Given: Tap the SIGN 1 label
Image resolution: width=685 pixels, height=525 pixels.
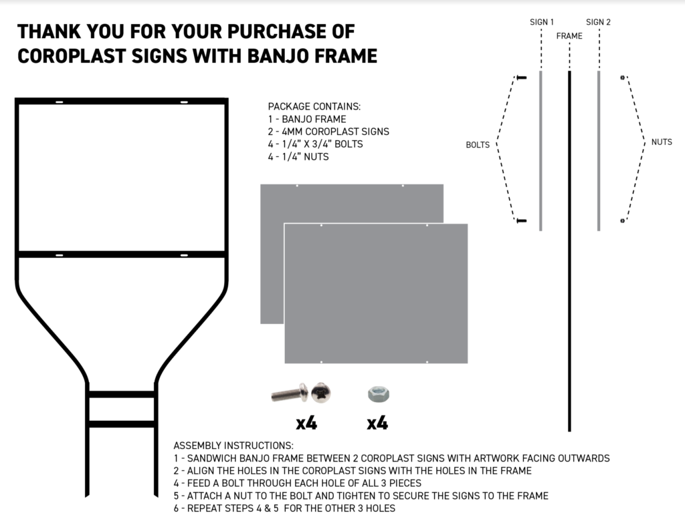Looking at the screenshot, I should coord(542,22).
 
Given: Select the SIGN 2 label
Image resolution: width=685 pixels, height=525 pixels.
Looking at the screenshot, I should coord(598,22).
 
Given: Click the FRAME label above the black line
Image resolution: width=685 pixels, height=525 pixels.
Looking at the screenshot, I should coord(569,36).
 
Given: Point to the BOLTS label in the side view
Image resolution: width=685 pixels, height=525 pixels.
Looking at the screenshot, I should coord(478,144).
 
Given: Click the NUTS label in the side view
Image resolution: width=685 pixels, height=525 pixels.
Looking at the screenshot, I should coord(661,142).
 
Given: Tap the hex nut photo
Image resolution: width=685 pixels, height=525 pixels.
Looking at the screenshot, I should coord(378,394).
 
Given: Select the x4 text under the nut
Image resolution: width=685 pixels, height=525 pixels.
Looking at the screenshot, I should coord(377,423).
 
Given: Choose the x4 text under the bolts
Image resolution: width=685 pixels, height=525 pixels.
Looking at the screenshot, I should coord(306,423).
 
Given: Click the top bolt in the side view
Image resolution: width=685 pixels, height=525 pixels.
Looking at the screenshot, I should coord(521,78).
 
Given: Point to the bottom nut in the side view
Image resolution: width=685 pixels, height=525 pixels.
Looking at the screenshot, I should coord(622,220).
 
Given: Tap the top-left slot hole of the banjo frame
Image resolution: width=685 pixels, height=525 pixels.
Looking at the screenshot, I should coord(59,102).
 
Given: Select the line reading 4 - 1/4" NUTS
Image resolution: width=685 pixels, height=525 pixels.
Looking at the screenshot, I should coord(298,157).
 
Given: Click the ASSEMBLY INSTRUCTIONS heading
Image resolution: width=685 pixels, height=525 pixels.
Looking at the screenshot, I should coord(233,445).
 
